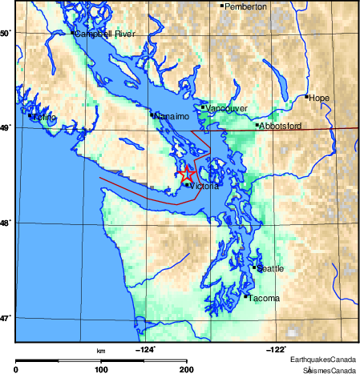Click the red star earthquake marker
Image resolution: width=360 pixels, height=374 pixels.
coord(187,174)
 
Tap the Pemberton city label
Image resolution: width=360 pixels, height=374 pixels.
coord(246,6)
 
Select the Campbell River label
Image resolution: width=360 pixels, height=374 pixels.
coord(105,34)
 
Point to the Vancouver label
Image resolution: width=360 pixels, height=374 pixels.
coord(226,108)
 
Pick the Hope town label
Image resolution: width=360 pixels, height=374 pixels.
coord(319,98)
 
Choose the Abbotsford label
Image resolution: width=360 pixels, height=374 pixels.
coord(280,126)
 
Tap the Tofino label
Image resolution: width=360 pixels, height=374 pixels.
coord(44,117)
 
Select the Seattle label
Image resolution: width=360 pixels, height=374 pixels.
coord(270,268)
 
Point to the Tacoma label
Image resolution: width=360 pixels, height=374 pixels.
coord(263,297)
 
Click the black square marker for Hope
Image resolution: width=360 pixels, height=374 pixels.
coord(307,97)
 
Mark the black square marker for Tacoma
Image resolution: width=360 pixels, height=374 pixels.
coord(246,296)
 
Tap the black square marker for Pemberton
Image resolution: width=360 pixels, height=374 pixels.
coord(222,6)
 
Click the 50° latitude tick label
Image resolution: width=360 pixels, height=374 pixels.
coord(6,33)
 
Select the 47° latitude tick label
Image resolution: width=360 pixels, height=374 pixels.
coord(6,318)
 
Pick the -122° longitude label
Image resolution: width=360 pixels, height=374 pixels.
coord(277,349)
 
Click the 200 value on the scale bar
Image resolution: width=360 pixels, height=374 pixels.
coord(186,369)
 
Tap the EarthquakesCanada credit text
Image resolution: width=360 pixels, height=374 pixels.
coord(324,358)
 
